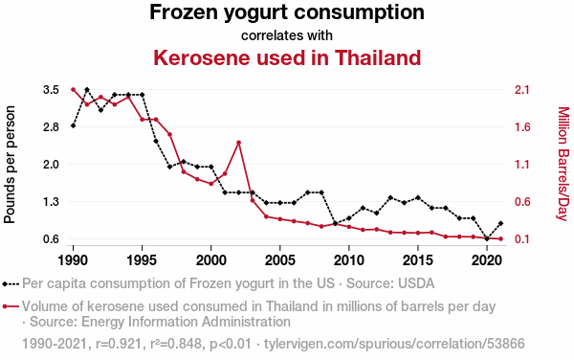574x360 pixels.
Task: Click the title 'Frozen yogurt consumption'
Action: (287, 12)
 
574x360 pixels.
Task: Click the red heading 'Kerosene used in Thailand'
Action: (287, 57)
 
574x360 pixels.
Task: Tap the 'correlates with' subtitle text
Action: (287, 35)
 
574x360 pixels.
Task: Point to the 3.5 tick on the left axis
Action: (51, 90)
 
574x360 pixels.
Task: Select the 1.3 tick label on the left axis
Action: (51, 201)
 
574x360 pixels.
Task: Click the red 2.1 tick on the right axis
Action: (522, 90)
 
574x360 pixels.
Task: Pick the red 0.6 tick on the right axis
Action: (522, 201)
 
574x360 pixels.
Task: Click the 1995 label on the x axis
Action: (142, 260)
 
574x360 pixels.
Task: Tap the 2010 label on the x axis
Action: (349, 260)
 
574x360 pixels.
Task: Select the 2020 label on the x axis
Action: (487, 260)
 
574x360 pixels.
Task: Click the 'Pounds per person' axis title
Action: (10, 165)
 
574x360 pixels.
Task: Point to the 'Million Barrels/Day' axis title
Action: (563, 164)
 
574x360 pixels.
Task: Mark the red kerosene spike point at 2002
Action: (238, 142)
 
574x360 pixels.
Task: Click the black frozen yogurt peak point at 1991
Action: (87, 90)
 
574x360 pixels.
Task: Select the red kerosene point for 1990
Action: (74, 90)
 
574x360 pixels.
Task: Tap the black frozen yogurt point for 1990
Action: (74, 125)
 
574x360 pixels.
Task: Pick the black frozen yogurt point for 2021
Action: (500, 223)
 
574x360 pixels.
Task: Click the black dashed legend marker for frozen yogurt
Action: (11, 283)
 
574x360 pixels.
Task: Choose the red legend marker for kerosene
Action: (11, 306)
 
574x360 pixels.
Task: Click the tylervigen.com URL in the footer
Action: (394, 344)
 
